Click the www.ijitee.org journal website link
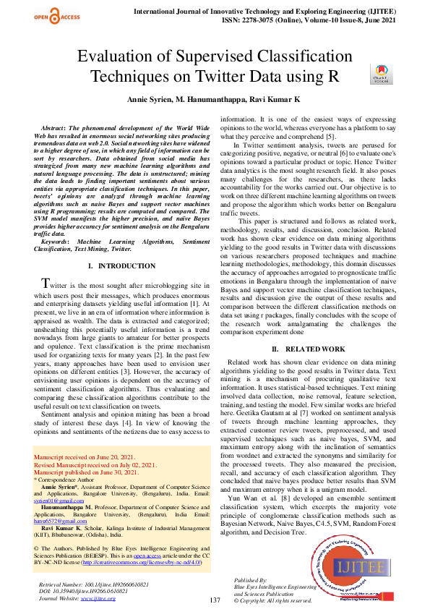pos(98,598)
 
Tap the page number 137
pos(215,600)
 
